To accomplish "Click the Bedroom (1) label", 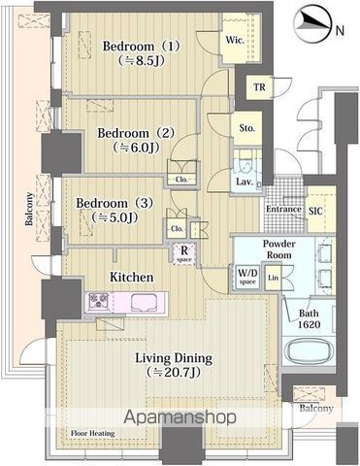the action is (x=141, y=46).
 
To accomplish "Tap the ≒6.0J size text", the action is (x=136, y=148).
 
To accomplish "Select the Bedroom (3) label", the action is (x=115, y=203).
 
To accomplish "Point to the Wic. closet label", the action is (x=235, y=40).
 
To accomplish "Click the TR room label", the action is (x=259, y=87).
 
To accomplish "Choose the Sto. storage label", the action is (x=247, y=128).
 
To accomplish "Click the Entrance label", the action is (x=283, y=209).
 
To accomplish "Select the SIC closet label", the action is (x=315, y=212).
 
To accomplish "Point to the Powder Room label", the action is (x=278, y=250).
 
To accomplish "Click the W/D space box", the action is (x=247, y=277).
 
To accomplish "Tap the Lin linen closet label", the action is (x=274, y=278).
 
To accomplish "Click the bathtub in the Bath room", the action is (x=310, y=351).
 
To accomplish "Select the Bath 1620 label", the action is (x=309, y=318).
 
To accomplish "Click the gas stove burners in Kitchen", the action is (x=99, y=302).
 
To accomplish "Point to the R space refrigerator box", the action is (x=184, y=253).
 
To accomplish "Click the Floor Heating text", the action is (x=93, y=433).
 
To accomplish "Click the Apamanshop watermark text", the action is (x=180, y=417).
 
